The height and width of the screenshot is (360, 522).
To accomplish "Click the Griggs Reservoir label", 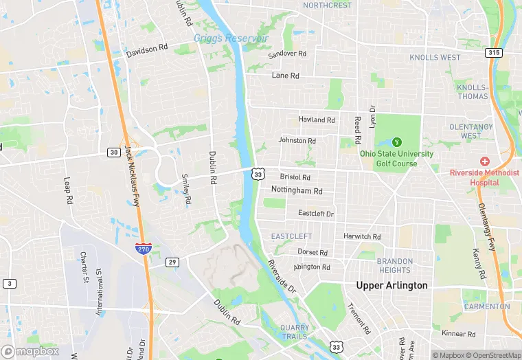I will pos(231,38).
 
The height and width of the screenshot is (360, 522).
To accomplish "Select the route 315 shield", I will pos(492,52).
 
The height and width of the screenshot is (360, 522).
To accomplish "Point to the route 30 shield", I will pos(113,152).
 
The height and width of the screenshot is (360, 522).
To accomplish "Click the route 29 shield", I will pos(172,262).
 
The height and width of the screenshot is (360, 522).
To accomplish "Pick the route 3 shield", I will pos(9,283).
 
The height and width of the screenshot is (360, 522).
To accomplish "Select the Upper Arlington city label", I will pos(391,285).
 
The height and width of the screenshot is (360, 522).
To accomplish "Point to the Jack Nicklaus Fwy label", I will pos(131,172).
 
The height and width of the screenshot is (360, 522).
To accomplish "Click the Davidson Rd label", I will pos(147,51).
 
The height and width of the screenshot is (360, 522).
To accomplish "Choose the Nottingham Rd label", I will pos(297,190).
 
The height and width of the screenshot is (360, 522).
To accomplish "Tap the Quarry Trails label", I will pos(295,332).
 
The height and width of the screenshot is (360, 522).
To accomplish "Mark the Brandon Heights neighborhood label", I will pos(395,266).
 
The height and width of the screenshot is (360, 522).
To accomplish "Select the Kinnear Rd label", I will pos(458,334).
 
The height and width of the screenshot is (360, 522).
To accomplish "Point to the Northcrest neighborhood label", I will pos(327,5).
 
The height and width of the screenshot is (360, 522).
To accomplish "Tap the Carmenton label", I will pos(487,306).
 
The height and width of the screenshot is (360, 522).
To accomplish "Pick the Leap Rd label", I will pos(69,192).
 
